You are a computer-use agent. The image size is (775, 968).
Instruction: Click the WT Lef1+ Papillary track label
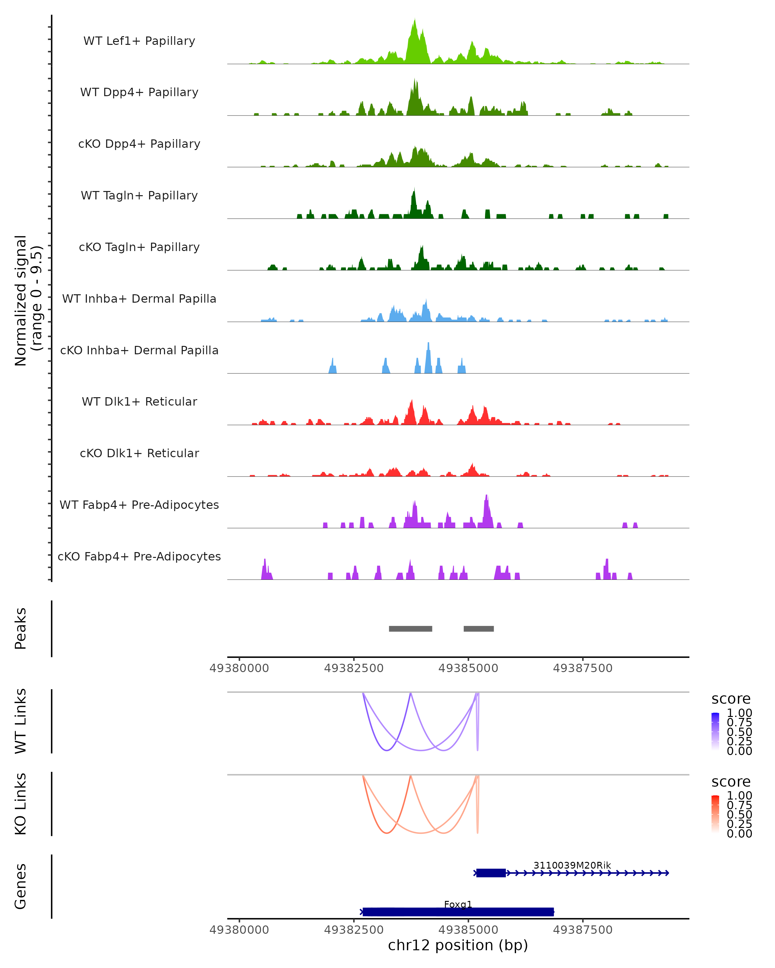click(139, 41)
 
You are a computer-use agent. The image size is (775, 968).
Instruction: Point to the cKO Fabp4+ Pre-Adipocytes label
click(139, 556)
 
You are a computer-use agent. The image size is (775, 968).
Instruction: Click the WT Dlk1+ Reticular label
click(139, 401)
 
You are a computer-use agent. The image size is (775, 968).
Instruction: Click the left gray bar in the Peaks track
click(410, 629)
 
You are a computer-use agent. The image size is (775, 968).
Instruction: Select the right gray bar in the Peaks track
click(479, 629)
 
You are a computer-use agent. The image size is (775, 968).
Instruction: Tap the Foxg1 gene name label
click(458, 904)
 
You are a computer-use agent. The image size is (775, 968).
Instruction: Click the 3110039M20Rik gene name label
click(572, 865)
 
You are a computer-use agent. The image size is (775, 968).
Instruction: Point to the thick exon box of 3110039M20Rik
click(491, 873)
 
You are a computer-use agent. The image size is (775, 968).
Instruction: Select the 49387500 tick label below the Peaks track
click(583, 668)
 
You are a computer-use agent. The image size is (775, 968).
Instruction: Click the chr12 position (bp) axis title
click(458, 945)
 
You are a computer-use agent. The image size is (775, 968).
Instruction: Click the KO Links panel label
click(21, 804)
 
